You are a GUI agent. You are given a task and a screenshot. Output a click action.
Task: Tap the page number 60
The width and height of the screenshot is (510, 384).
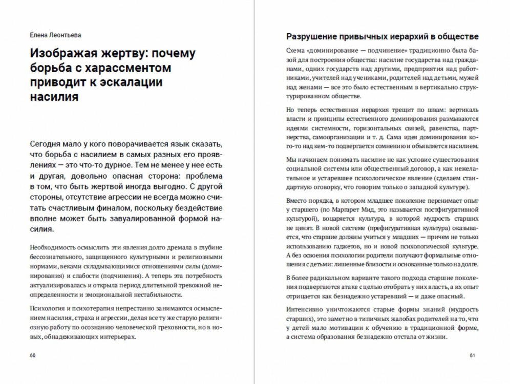pos(33,355)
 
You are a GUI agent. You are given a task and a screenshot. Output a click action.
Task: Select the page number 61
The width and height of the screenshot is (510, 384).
pos(473,355)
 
